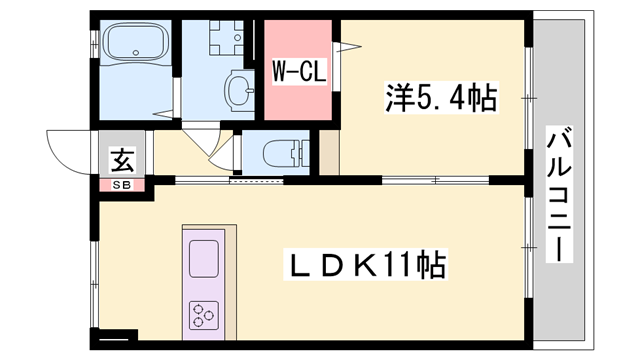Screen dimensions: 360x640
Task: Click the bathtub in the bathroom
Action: [138, 47]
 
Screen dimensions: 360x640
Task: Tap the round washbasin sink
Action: [239, 91]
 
